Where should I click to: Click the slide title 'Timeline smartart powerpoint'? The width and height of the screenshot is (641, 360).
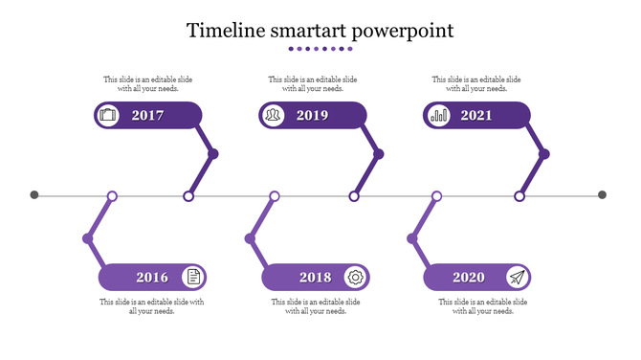[x=320, y=31]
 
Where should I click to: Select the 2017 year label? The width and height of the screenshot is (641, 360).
[x=147, y=116]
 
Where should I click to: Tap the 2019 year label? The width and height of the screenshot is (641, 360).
[x=312, y=116]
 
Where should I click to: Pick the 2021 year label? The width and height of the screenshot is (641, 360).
[x=476, y=116]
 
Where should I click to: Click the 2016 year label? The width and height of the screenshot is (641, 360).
[x=152, y=278]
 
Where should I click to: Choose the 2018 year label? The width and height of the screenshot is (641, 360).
[x=315, y=278]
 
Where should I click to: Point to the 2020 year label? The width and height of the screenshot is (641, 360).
[x=468, y=278]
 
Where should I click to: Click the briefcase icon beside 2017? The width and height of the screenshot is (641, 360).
[x=108, y=116]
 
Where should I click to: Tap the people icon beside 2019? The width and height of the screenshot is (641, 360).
[x=274, y=116]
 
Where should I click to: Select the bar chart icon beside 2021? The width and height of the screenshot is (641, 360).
[x=438, y=116]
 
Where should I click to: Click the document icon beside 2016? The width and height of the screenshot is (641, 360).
[x=193, y=278]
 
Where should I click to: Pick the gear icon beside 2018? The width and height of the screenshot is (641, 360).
[x=355, y=278]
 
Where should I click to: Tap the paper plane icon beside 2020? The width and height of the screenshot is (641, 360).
[x=517, y=278]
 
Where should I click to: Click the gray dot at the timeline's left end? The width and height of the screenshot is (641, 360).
[x=34, y=195]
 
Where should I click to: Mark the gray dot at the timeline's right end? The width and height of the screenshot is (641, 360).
[x=602, y=195]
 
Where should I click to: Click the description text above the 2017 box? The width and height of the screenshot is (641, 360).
[x=148, y=84]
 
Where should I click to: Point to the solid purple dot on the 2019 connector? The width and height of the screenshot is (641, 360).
[x=379, y=154]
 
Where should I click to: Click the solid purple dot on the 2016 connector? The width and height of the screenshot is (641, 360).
[x=88, y=237]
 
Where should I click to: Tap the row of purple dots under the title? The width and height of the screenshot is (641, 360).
[x=320, y=49]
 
